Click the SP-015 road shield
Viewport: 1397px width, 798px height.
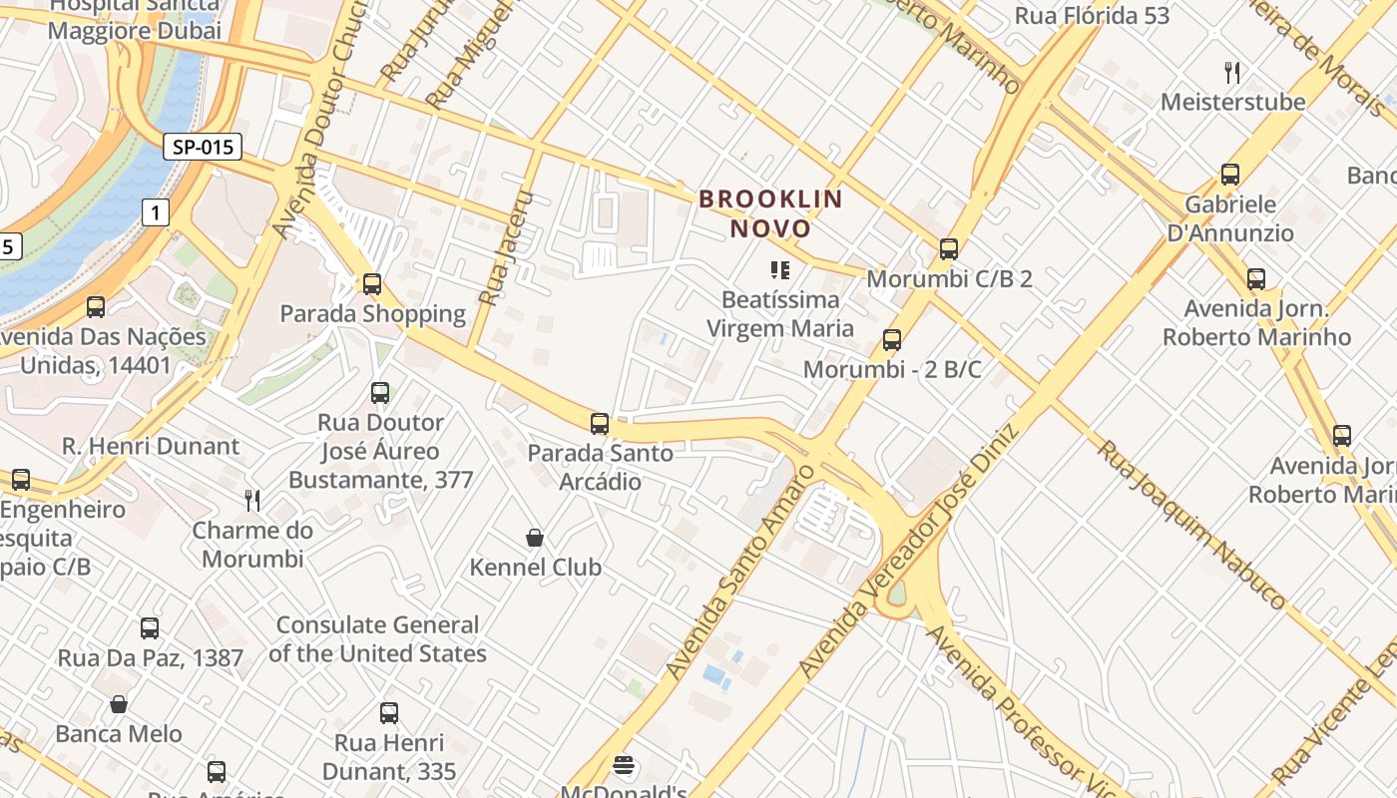click(203, 148)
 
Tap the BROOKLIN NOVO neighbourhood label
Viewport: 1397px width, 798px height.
click(770, 213)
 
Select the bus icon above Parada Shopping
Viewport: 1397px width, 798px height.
click(372, 284)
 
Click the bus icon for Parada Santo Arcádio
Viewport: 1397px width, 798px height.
click(600, 424)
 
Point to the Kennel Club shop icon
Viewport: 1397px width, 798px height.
click(535, 539)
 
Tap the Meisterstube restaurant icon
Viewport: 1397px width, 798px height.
click(1232, 72)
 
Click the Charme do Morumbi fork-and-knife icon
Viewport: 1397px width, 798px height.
click(252, 500)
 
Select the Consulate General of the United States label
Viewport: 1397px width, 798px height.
click(377, 639)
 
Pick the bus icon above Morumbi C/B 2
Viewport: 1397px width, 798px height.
click(949, 249)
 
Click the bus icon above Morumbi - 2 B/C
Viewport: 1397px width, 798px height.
click(892, 340)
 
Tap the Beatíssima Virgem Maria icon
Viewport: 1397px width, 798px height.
click(779, 269)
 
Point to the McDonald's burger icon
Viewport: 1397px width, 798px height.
click(625, 766)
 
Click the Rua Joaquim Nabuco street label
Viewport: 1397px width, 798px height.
click(1191, 524)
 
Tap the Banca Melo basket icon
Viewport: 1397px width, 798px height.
click(119, 705)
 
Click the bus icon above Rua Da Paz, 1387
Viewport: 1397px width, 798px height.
click(150, 628)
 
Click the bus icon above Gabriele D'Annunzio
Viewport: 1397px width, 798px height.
click(1230, 175)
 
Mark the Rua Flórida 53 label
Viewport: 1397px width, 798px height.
click(1092, 16)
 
